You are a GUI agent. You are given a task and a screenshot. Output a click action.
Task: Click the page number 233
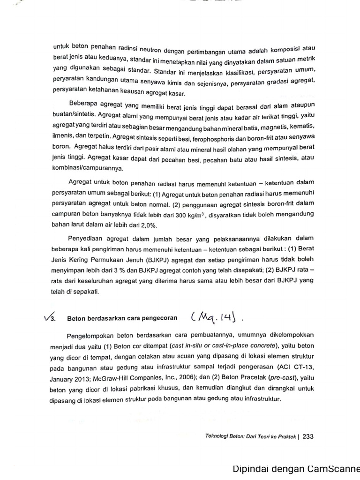coord(308,436)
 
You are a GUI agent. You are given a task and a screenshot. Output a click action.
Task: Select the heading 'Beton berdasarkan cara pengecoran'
coord(122,318)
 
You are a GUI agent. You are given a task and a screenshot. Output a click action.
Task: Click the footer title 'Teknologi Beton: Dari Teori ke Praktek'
coord(250,436)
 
